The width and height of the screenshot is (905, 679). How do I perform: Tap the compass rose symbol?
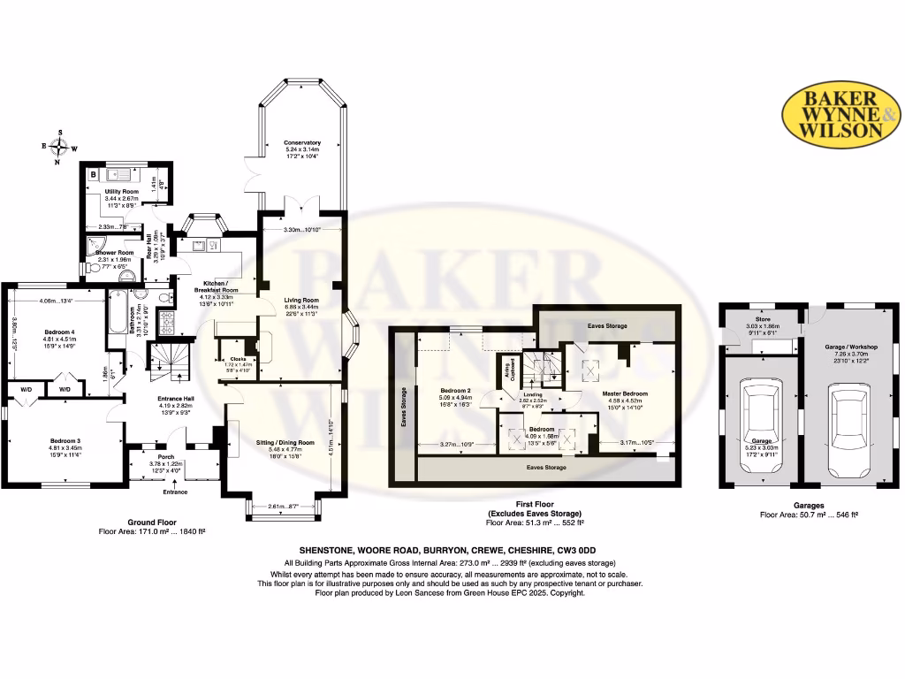pos(59,148)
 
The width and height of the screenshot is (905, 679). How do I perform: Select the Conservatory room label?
pos(302,142)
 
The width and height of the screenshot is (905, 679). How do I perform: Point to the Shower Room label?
pos(114,253)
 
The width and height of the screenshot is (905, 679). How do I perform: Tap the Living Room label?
pos(301,300)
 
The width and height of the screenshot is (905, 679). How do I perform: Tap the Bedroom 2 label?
pos(457,390)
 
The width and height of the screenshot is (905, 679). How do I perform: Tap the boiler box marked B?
pos(94,174)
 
